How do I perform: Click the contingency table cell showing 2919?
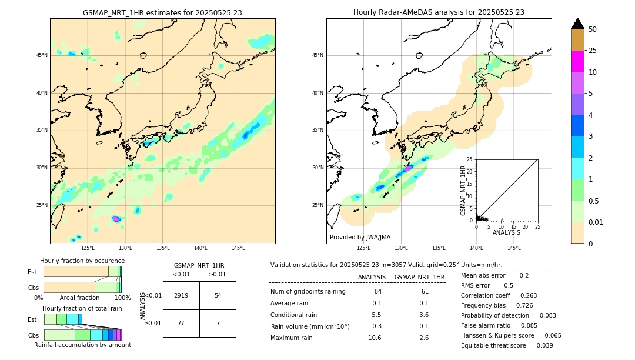coord(181,295)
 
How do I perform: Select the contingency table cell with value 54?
coord(218,295)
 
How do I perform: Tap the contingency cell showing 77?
coord(181,323)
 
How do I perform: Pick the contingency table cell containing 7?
coord(218,323)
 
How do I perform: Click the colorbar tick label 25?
coord(593,51)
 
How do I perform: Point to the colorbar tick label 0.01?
coord(596,222)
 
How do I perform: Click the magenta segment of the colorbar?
coord(577,61)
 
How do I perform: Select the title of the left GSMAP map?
coord(162,12)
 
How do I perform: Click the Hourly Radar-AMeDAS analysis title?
coord(439,12)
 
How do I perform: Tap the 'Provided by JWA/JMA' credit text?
coord(360,237)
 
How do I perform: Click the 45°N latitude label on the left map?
coord(42,55)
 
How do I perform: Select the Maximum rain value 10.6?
coord(375,338)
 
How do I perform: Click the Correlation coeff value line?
coord(499,295)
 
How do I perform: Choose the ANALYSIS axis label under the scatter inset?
coord(506,232)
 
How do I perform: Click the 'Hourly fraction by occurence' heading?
coord(82,261)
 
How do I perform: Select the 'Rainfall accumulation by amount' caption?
coord(82,345)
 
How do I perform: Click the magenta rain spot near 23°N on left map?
coord(116,219)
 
